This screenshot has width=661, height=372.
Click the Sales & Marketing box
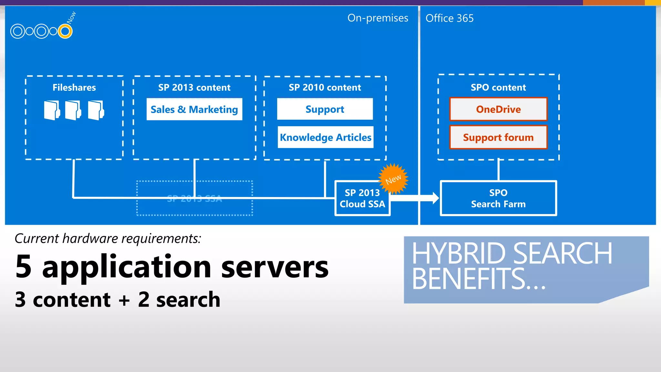pos(194,109)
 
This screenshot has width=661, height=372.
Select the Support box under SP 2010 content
pos(325,109)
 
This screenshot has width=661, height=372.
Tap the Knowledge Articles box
pos(325,137)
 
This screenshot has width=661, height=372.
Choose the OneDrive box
pos(498,109)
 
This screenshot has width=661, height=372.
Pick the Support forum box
pos(498,137)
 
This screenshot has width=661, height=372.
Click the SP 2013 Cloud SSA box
pos(362,198)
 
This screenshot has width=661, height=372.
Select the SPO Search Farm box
pos(498,198)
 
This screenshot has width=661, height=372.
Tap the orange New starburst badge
pos(393,179)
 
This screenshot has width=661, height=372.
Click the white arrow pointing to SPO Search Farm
pos(416,198)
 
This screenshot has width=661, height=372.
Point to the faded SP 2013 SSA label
pos(195,199)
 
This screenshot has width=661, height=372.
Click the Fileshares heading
pos(74,88)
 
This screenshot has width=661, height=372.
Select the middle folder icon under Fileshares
pos(73,110)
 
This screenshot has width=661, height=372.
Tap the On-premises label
pos(378,18)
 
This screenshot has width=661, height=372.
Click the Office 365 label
pos(450,18)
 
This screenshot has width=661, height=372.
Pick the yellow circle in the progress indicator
pos(65,31)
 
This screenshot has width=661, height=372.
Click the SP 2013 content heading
pos(194,88)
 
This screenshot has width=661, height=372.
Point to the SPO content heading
pos(498,88)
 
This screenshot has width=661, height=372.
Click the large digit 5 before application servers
pos(24,266)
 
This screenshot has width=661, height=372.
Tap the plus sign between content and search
pos(124,300)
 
